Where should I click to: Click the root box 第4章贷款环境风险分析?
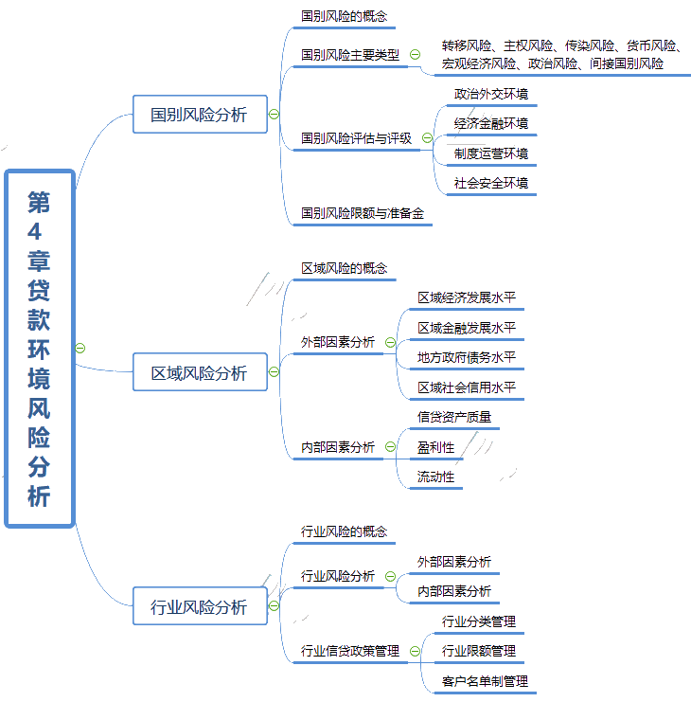40,348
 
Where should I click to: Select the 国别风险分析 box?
200,115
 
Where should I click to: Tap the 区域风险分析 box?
200,373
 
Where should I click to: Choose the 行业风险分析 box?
200,607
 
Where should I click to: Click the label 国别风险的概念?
344,16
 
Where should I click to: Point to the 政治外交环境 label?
491,94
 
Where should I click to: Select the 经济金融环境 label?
491,123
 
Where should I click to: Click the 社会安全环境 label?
491,183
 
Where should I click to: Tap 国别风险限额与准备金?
363,213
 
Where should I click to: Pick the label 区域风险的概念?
344,268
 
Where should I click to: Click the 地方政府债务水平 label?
467,358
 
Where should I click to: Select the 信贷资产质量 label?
454,417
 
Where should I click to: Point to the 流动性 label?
435,477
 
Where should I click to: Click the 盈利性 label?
435,446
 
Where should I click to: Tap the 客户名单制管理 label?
485,681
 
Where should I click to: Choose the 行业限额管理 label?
479,652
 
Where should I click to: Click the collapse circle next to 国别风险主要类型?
415,55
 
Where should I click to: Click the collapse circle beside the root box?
80,348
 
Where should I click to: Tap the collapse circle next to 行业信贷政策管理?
415,651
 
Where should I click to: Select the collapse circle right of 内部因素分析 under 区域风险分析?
390,447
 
